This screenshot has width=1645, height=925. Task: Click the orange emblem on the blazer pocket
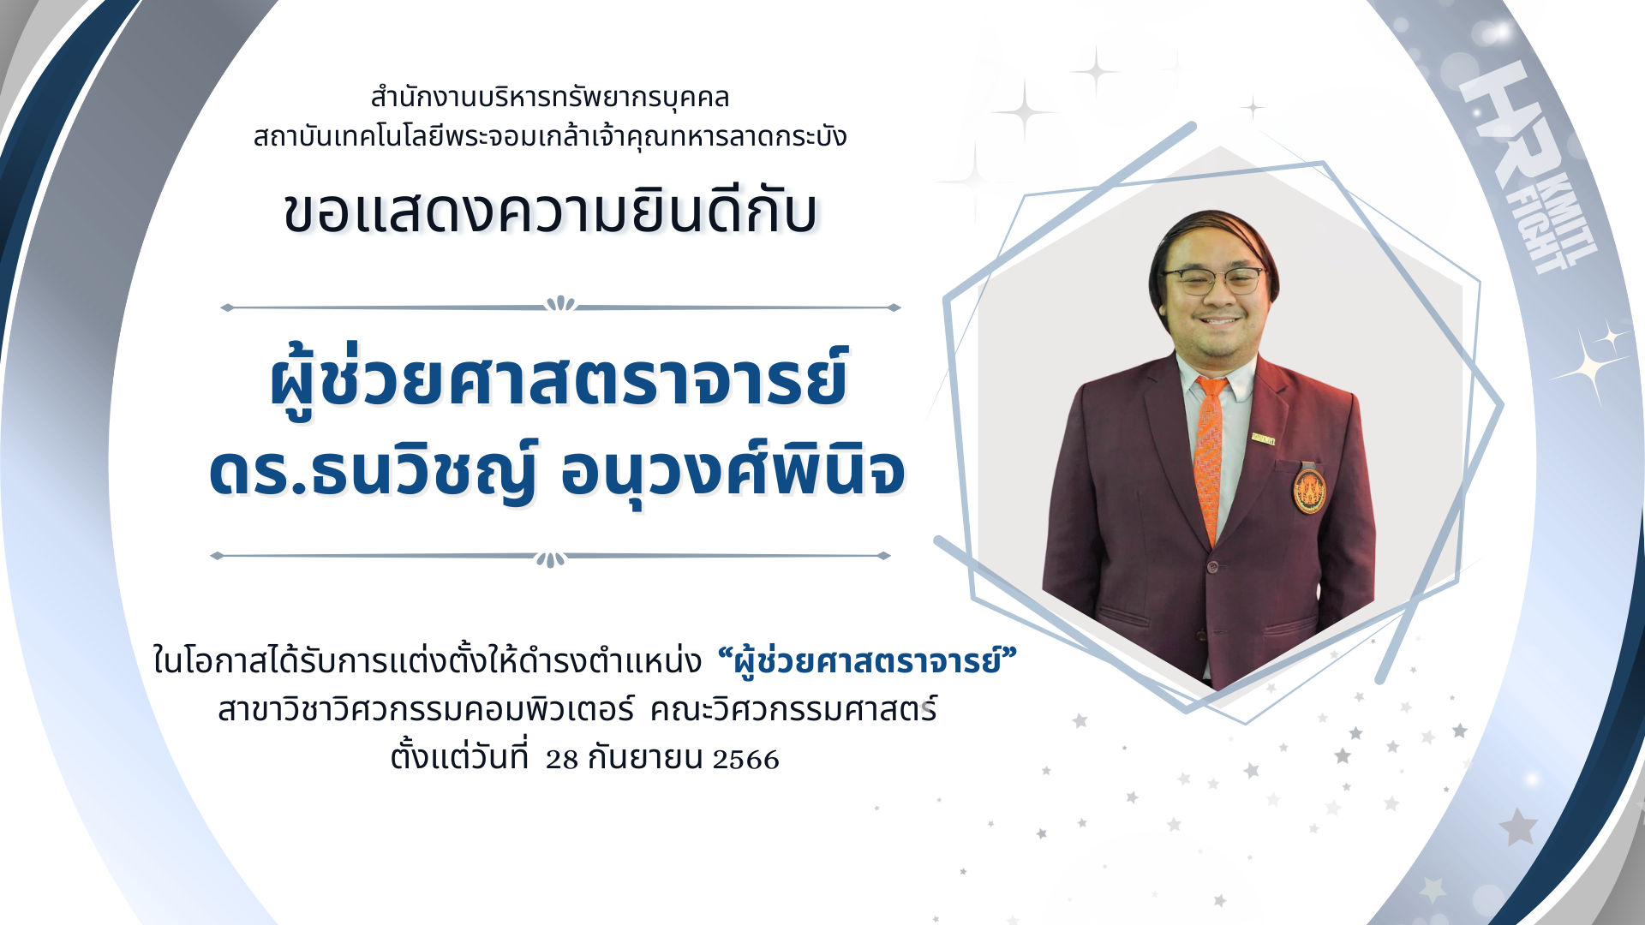[1309, 491]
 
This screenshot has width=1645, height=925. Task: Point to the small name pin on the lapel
[1263, 438]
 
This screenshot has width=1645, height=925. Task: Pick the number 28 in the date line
[562, 760]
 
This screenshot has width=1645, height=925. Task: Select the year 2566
[745, 760]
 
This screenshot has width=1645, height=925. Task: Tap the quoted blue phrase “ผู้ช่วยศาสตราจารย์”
[867, 660]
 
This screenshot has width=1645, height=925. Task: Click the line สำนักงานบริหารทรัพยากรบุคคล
[550, 97]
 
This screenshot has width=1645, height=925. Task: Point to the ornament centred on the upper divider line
[560, 303]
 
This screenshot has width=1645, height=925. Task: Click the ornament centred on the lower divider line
[550, 559]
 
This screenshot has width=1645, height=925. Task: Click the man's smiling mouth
[1219, 322]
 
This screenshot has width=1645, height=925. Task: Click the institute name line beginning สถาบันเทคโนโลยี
[550, 136]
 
